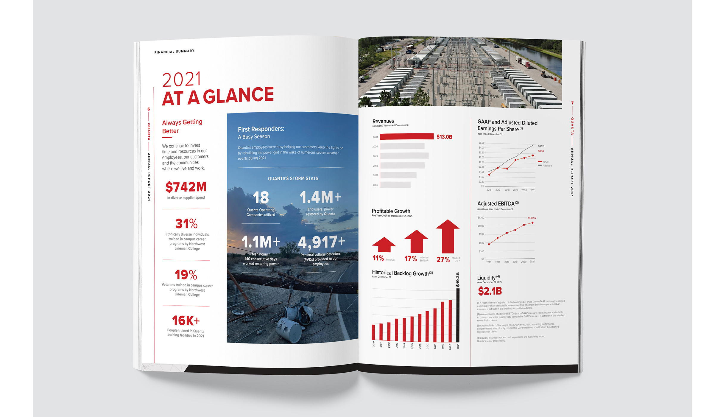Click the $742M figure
pos(186,187)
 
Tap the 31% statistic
pos(186,223)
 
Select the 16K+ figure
pos(186,320)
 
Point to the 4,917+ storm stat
pos(321,242)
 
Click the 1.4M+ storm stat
pos(320,197)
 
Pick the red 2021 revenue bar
pos(406,136)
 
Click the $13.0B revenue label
pos(444,137)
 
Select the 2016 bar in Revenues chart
pos(395,185)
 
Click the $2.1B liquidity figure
pos(490,291)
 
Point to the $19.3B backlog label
pos(458,280)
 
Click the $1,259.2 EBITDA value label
pos(532,218)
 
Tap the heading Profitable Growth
pos(391,211)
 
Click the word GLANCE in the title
pos(238,96)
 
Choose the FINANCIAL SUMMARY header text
pos(174,52)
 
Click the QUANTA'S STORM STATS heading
pos(293,178)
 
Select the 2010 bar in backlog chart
pos(373,332)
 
